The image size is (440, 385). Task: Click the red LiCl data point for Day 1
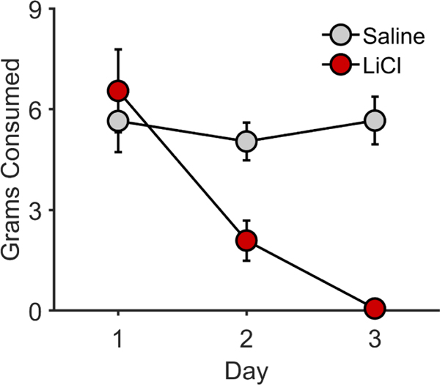(x=118, y=91)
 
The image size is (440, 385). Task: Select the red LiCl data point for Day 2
(x=246, y=241)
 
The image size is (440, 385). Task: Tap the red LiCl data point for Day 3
(x=375, y=309)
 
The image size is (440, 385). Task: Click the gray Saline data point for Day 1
(x=118, y=121)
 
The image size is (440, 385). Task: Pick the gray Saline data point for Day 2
(x=246, y=141)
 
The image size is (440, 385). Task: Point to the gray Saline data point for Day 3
(x=375, y=120)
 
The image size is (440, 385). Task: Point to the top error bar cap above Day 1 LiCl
(x=118, y=49)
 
